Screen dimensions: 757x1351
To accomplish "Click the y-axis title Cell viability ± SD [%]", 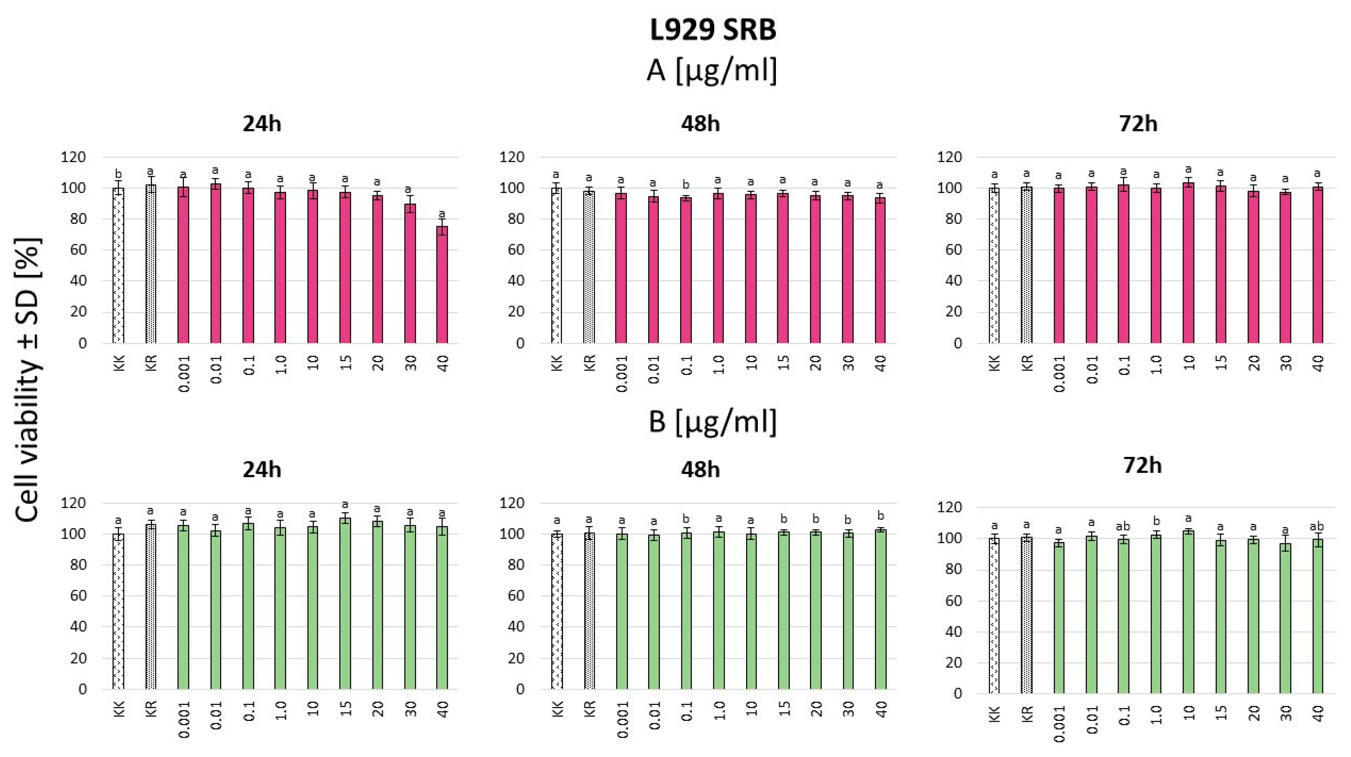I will pos(28,380).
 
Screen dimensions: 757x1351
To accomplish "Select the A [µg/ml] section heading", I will pos(711,70).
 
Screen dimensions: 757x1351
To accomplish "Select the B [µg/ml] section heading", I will pos(712,421).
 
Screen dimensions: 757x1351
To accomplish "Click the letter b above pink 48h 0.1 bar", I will pos(686,185).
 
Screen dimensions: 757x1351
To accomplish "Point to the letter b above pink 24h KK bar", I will pos(118,174).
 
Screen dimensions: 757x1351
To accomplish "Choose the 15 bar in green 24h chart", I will pos(344,603).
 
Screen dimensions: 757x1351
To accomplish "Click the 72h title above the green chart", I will pos(1142,465).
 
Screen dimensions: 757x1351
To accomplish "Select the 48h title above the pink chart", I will pos(700,124).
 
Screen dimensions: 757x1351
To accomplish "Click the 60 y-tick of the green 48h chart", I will pos(516,596).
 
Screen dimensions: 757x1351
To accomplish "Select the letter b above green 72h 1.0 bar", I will pos(1156,521).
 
